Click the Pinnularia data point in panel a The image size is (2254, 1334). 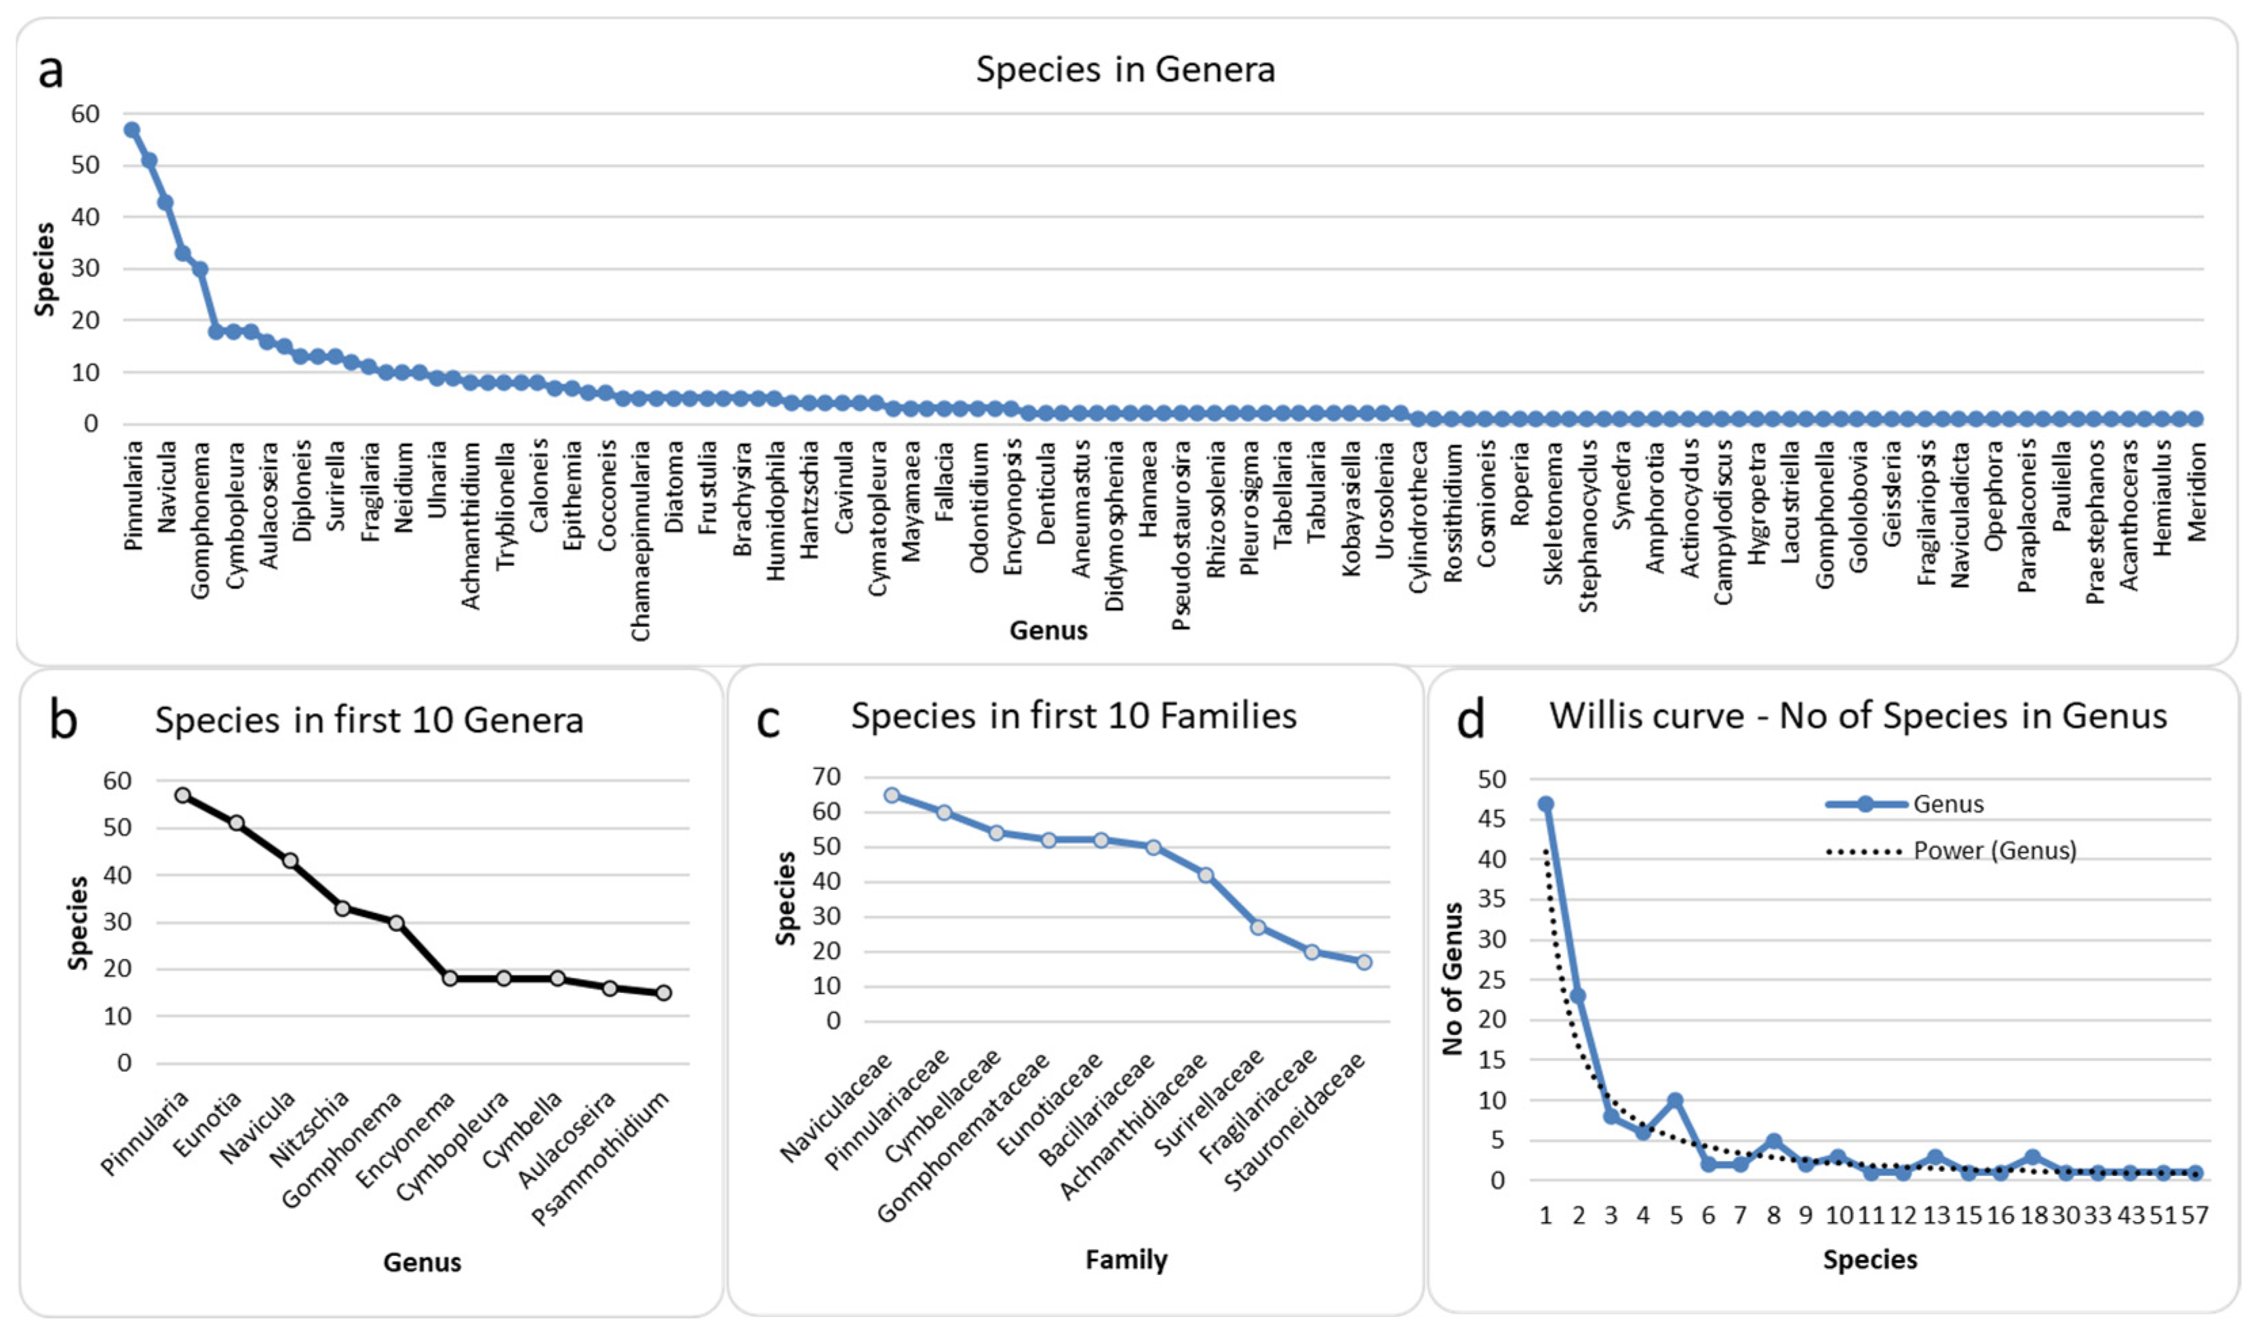tap(132, 130)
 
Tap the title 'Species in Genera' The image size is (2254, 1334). tap(1125, 70)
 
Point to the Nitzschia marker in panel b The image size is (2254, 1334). tap(342, 909)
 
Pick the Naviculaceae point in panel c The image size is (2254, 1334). tap(892, 796)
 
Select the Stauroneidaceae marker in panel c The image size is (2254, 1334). tap(1364, 962)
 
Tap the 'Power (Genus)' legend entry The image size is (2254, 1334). tap(1994, 851)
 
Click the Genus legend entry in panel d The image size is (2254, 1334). tap(1947, 805)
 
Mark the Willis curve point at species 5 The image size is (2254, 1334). tap(1675, 1100)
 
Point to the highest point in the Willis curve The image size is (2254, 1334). tap(1545, 805)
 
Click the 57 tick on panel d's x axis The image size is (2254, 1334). tap(2194, 1216)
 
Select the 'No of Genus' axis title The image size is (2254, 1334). tap(1452, 979)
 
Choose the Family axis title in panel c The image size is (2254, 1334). tap(1126, 1259)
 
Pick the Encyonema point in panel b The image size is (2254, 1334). tap(450, 978)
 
